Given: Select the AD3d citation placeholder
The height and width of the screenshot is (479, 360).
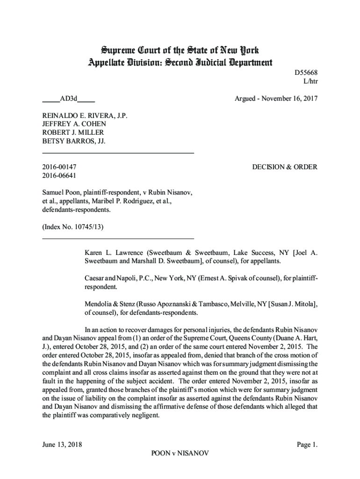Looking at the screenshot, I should click(68, 99).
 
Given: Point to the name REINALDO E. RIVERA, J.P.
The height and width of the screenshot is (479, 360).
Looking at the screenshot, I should click(85, 115).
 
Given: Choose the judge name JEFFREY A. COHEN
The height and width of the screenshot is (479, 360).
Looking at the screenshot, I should click(74, 123).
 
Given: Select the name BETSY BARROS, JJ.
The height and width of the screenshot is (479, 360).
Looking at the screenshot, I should click(73, 140).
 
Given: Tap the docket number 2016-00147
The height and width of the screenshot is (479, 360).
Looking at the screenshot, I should click(60, 167).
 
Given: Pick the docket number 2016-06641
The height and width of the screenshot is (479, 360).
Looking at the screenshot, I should click(60, 175).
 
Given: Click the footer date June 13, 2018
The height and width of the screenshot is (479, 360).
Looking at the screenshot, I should click(62, 444).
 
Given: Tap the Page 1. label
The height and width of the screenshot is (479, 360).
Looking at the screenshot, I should click(307, 444).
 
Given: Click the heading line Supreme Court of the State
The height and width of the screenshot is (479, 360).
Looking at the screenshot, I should click(180, 50).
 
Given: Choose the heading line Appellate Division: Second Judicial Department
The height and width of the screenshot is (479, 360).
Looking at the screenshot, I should click(180, 62).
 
